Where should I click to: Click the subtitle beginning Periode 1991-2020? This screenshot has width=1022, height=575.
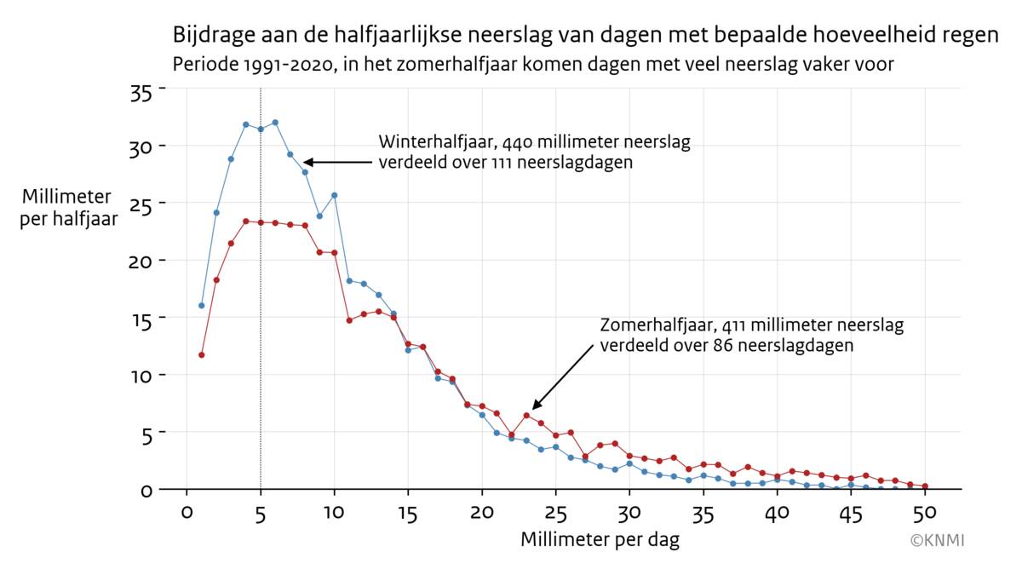point(532,65)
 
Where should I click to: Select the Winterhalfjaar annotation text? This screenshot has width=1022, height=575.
point(534,152)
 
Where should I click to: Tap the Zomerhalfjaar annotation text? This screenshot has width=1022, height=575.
point(751,336)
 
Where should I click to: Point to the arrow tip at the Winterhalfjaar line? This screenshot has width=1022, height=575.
point(307,162)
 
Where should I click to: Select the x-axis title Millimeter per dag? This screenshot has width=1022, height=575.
point(600,540)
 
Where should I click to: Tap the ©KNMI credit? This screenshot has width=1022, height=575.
point(937,540)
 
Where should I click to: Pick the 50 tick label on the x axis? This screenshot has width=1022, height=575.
point(925,513)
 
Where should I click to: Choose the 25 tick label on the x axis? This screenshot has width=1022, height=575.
point(555,513)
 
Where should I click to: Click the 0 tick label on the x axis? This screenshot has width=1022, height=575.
point(187,513)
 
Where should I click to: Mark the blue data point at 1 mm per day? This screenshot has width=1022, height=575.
point(202,305)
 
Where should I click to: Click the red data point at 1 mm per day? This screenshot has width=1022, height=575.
point(202,354)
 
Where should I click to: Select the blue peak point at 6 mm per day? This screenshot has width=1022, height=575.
point(275,122)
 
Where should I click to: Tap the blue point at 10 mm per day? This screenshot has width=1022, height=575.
point(335,195)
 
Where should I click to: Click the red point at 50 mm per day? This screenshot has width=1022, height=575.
point(925,486)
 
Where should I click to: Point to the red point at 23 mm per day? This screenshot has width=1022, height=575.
point(526,416)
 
